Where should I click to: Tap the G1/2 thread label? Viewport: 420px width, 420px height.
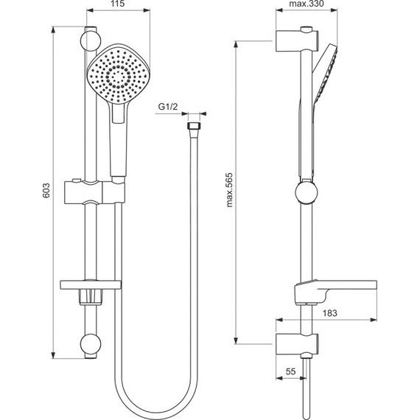pos(169,108)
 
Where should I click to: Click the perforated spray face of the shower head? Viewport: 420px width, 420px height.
pos(114,75)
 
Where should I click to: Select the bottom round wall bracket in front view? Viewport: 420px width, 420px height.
pos(91,345)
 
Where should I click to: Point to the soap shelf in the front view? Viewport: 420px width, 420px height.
pos(91,285)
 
